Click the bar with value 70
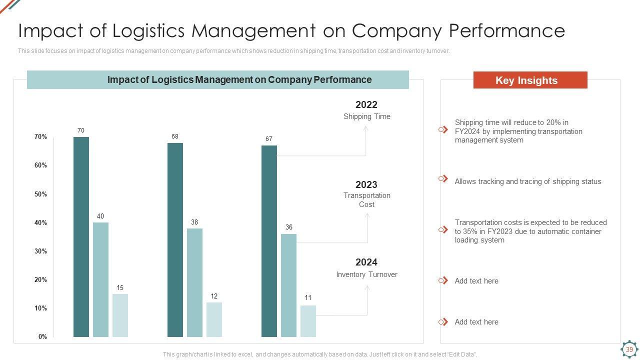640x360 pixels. point(81,236)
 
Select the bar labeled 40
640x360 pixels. point(100,279)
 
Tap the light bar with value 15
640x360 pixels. point(120,315)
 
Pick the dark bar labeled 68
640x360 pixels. point(175,239)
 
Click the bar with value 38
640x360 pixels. point(194,282)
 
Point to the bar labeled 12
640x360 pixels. point(214,319)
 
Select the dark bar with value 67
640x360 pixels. point(269,241)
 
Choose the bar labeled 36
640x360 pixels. point(288,285)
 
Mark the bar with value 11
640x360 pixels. point(308,321)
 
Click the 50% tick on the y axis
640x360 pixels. point(41,194)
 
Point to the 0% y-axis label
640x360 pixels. point(43,337)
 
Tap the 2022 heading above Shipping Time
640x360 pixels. point(366,104)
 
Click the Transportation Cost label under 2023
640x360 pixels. point(367,200)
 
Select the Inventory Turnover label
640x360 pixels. point(367,274)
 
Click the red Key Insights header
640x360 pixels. point(530,80)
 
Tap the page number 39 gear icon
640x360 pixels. point(629,349)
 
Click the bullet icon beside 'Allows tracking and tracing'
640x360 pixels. point(443,179)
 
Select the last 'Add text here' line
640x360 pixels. point(476,322)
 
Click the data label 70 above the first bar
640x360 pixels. point(81,130)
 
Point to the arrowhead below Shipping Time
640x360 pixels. point(365,128)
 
